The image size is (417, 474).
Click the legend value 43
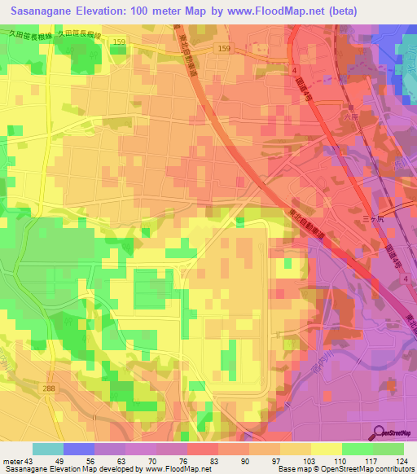pyautogui.click(x=30, y=462)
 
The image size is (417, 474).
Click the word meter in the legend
pyautogui.click(x=12, y=462)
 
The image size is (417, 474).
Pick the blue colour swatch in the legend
pyautogui.click(x=79, y=449)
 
